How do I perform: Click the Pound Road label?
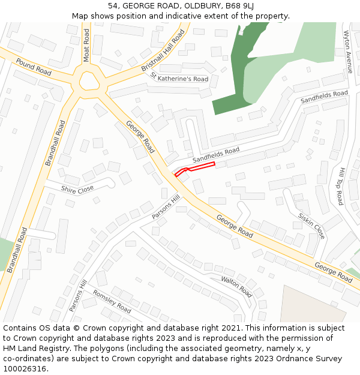[x=34, y=67]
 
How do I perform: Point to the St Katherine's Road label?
[x=179, y=77]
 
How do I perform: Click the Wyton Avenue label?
[x=349, y=52]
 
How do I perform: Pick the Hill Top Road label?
[x=340, y=186]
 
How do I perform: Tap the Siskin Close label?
[x=311, y=225]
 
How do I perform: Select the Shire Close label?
[x=77, y=189]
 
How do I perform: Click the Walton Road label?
[x=236, y=287]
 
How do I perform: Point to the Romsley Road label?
[x=112, y=301]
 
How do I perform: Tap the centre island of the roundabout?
[x=89, y=80]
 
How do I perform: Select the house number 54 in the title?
[x=113, y=6]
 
